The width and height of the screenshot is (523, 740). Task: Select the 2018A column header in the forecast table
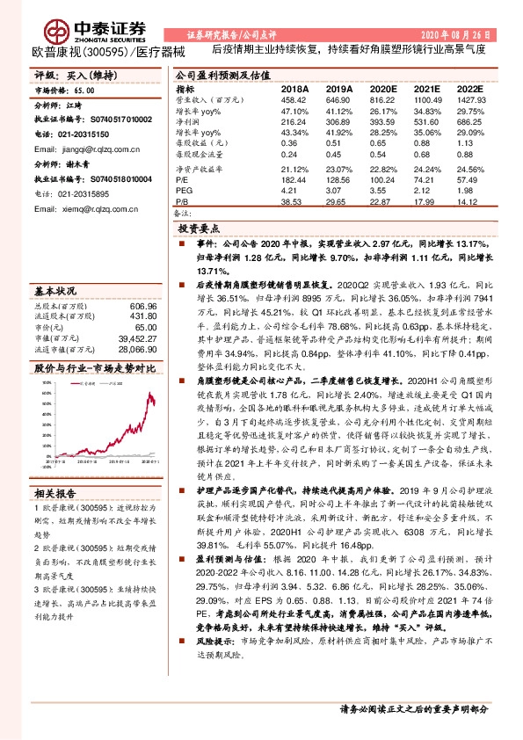[294, 90]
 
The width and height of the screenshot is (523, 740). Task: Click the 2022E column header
[471, 90]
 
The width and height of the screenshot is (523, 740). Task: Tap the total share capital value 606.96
[142, 306]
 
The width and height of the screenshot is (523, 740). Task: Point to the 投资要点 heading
[199, 228]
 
